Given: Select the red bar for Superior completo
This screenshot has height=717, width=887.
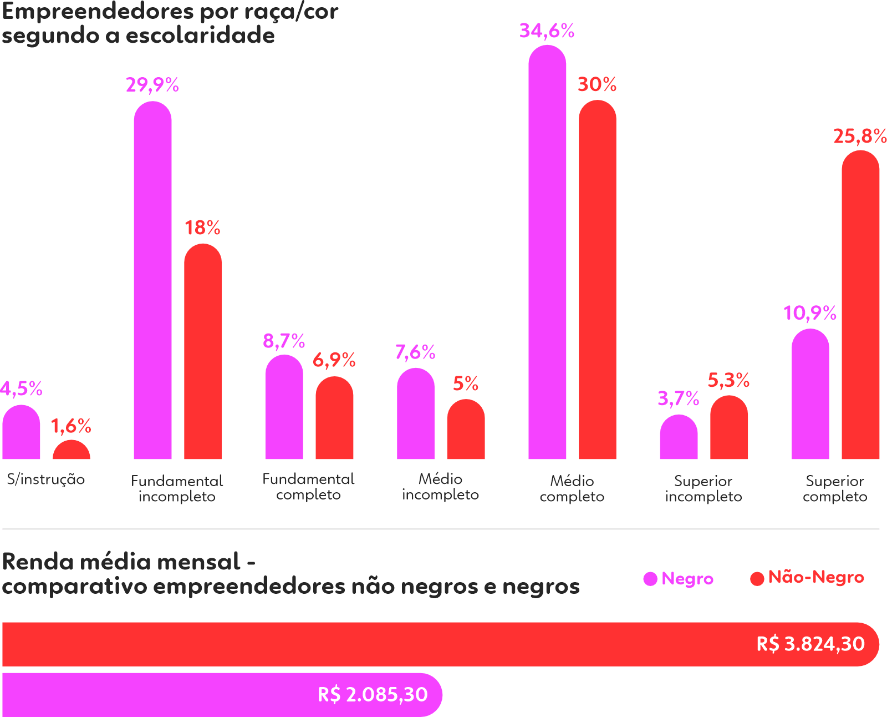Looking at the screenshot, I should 860,305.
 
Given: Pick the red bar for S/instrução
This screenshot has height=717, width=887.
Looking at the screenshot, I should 72,451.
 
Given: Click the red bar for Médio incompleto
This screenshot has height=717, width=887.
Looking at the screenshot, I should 466,430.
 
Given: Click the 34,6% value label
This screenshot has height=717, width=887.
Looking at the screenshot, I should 547,31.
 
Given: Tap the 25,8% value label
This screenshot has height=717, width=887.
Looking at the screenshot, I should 860,137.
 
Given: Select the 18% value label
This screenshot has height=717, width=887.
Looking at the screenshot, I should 202,228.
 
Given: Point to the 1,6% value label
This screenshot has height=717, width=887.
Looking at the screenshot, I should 71,426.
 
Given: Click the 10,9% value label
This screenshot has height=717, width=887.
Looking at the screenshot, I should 810,314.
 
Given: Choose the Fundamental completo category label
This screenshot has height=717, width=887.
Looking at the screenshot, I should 308,487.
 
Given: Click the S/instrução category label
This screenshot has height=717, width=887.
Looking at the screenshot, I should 46,479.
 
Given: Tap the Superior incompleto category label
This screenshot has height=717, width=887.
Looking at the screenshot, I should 703,488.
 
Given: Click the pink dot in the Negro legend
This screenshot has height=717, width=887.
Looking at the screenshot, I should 650,579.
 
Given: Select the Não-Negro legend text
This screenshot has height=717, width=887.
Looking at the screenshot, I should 816,578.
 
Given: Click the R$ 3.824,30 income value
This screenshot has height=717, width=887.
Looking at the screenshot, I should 810,644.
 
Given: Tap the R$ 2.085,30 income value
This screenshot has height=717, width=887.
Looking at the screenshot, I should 373,694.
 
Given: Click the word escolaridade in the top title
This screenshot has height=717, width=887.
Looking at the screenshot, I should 200,36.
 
